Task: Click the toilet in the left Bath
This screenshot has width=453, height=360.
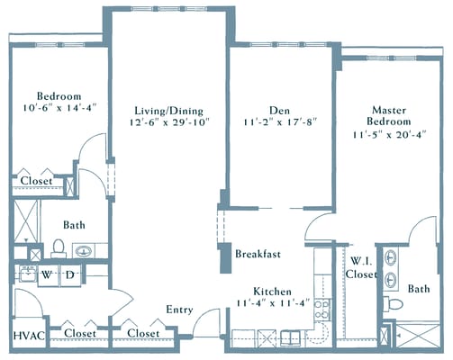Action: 58,247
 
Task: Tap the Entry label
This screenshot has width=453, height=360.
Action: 180,310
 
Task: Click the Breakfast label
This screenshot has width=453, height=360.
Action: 258,254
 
